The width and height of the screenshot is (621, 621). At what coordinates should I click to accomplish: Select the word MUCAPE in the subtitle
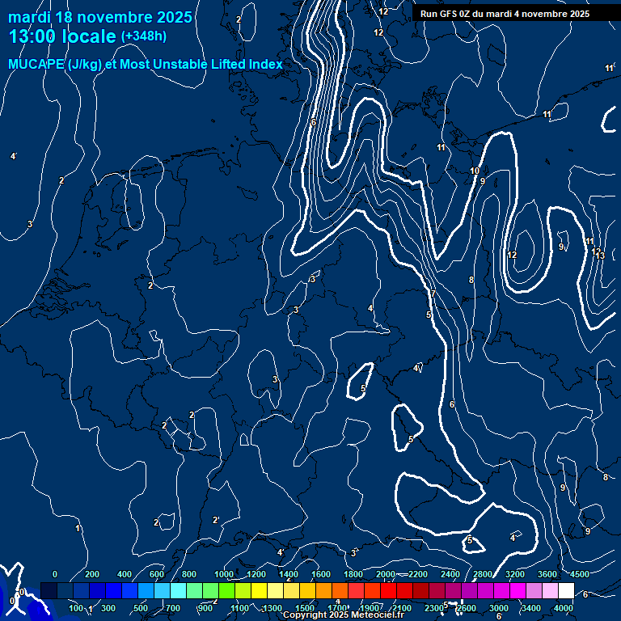[32, 64]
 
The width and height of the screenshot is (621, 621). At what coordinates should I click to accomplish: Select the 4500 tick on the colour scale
[580, 574]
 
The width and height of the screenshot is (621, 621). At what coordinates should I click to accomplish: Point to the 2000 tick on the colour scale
[386, 574]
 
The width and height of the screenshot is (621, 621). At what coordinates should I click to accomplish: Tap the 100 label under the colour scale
[76, 607]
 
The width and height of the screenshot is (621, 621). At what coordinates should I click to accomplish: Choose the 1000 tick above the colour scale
[224, 574]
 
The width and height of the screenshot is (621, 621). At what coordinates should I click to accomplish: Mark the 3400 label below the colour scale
[531, 607]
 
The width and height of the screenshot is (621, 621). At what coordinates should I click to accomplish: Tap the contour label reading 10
[475, 171]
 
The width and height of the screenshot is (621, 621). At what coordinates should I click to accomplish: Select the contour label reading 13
[600, 256]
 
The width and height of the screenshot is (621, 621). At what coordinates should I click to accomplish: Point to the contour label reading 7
[433, 294]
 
